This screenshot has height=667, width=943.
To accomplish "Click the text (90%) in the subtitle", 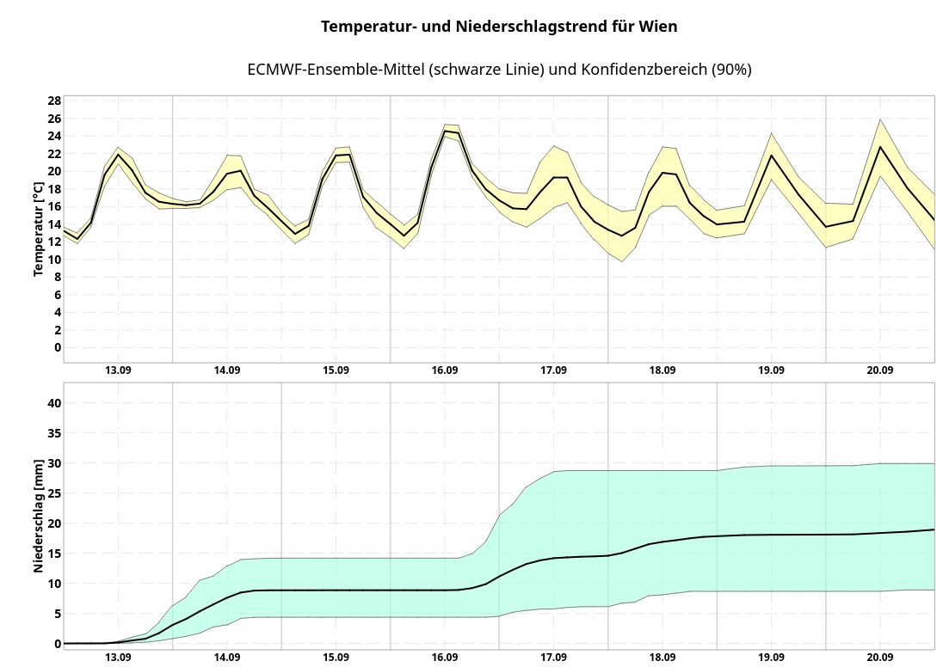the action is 731,70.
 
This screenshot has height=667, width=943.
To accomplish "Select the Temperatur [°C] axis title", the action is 39,229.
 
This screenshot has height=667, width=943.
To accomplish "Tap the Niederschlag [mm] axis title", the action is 39,517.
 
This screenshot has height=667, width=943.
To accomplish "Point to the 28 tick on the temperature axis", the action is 54,101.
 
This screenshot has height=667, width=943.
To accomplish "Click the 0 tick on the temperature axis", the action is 58,347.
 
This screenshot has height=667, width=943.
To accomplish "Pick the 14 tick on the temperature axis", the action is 54,224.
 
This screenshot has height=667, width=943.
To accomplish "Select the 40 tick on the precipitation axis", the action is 54,403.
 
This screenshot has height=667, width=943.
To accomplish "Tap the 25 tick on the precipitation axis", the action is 54,493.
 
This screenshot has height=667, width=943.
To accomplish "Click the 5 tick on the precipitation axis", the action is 58,614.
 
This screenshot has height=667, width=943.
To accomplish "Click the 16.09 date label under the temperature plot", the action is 445,370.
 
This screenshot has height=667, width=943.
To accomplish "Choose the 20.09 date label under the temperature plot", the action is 880,370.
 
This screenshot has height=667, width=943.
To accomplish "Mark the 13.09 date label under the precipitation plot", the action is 118,657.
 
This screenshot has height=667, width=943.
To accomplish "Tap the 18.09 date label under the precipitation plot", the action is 663,657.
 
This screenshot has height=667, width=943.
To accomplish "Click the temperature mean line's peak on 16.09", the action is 446,131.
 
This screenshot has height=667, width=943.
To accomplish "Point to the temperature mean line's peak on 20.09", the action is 880,147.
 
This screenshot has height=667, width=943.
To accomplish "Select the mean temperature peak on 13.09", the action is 118,155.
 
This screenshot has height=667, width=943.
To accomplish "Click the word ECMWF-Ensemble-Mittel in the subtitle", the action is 336,70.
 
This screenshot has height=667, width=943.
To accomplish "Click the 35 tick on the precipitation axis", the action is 54,433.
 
